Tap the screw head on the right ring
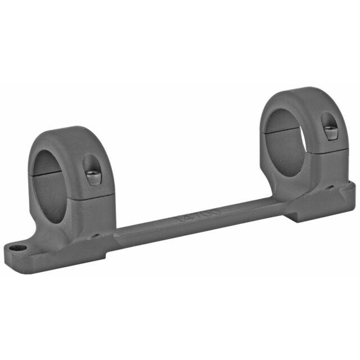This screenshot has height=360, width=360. pyautogui.click(x=329, y=133)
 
